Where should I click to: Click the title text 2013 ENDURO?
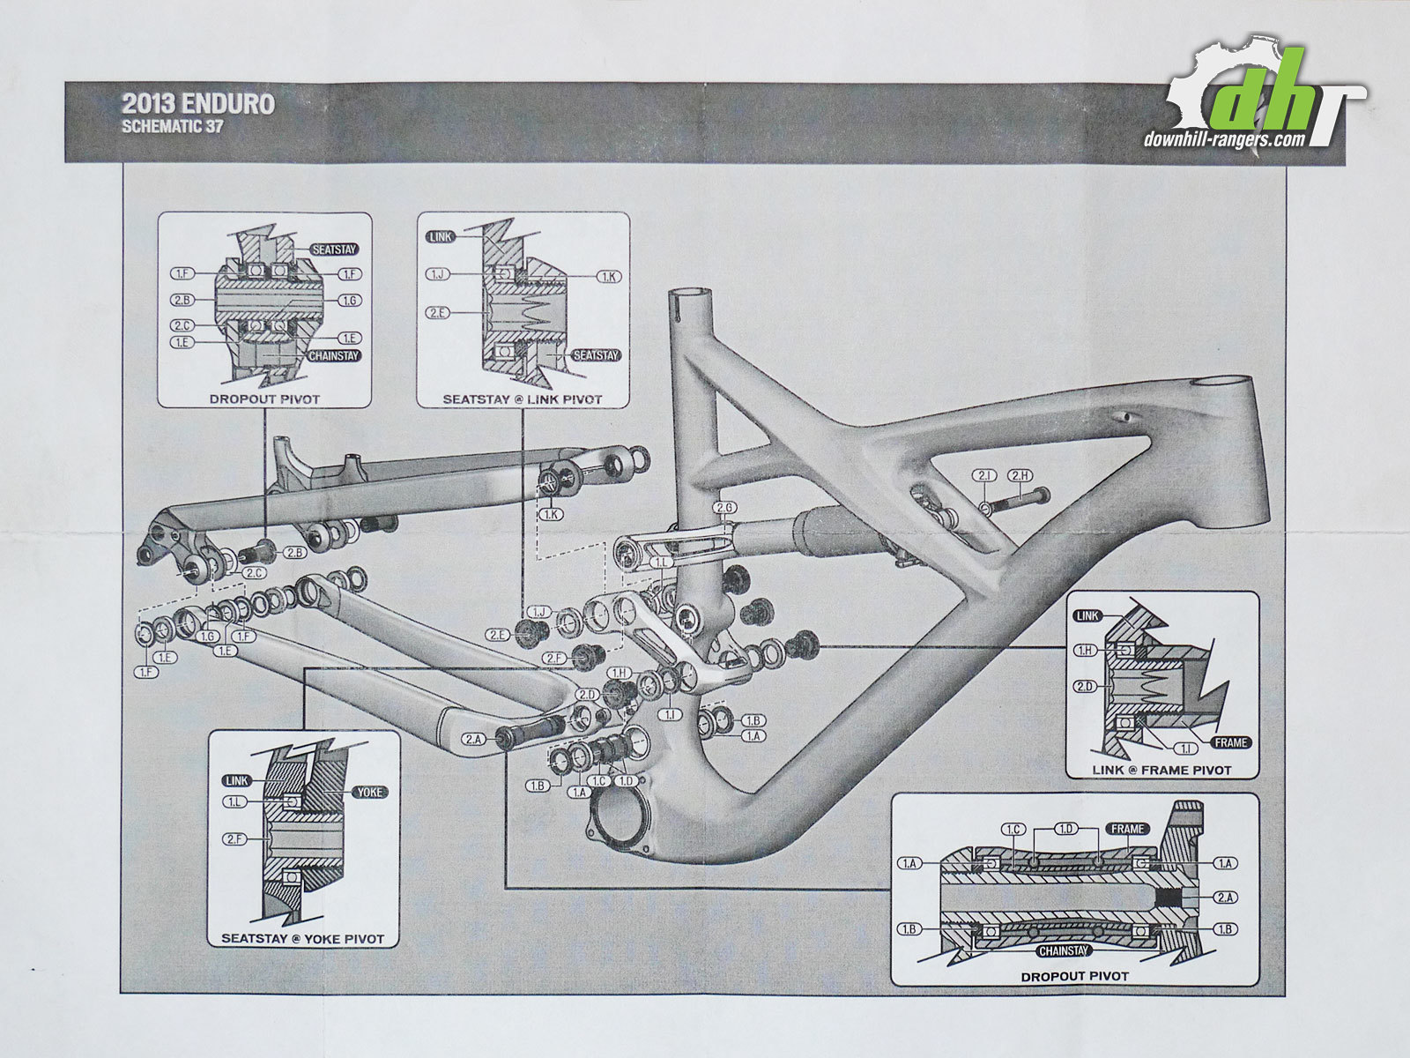[x=198, y=104]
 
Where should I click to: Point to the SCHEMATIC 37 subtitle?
[x=173, y=126]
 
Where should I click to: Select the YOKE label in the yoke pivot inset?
[x=370, y=792]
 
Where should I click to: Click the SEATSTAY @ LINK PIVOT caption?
[x=523, y=399]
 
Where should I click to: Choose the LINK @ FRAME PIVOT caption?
[x=1161, y=770]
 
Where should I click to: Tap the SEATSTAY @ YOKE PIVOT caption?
[x=302, y=939]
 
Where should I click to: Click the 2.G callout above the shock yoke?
[x=724, y=509]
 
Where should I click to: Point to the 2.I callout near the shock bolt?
[x=984, y=476]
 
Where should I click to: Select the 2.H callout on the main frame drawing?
[x=1020, y=476]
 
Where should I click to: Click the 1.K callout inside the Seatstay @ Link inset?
[x=608, y=277]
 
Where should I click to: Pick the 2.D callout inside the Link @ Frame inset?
[x=1085, y=687]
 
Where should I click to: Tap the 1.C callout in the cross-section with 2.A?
[x=1013, y=830]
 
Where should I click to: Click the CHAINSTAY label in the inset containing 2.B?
[x=334, y=356]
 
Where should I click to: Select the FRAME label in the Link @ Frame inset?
[x=1231, y=742]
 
